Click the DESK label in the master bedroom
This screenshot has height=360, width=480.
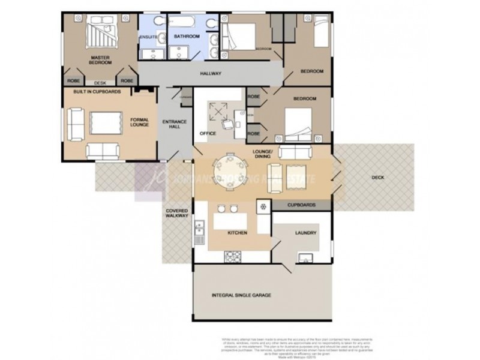coord(100,83)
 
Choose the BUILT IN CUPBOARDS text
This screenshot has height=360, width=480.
coord(97,92)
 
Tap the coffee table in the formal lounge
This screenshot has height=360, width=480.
coord(107,123)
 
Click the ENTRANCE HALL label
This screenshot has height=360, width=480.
coord(175,125)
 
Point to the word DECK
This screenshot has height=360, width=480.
coord(377,178)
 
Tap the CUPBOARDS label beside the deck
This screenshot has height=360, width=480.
coord(301,205)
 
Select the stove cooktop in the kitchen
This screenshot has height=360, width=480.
coord(233,257)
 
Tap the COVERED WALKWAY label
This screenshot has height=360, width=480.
coord(177,215)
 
